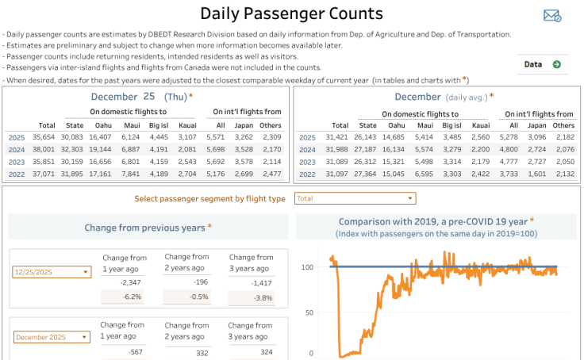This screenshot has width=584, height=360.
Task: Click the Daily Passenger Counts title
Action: (291, 13)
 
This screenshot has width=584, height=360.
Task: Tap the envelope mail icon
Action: (551, 16)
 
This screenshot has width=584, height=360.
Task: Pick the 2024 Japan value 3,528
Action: (244, 149)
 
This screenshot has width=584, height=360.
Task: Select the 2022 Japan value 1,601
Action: (537, 173)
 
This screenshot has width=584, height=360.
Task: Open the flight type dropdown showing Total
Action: (355, 198)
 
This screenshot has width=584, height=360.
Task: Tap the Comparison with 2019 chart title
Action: (436, 221)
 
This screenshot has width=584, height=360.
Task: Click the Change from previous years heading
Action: (148, 228)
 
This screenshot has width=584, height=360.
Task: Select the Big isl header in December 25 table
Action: (158, 124)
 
